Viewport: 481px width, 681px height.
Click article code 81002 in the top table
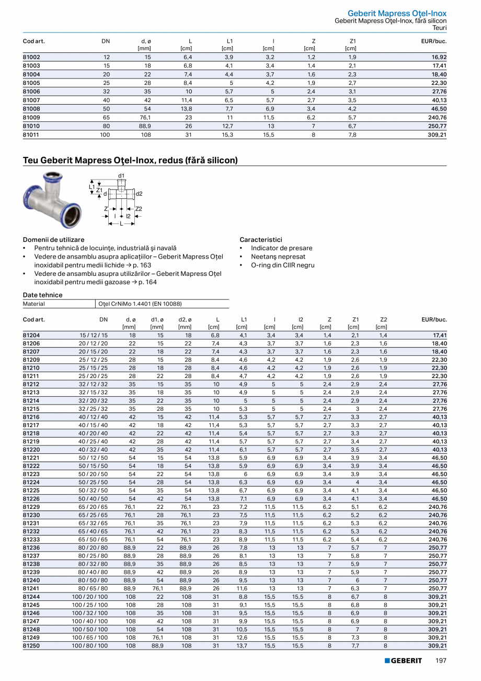(31, 57)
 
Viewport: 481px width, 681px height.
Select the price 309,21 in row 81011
(436, 135)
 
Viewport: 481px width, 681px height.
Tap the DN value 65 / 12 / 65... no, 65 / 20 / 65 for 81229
(94, 507)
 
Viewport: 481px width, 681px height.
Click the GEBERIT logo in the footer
(403, 661)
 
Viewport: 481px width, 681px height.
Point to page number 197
(441, 661)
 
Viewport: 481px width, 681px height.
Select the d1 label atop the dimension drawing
(121, 175)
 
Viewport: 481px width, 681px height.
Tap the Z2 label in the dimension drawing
(139, 209)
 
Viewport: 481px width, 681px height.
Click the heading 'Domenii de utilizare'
(54, 240)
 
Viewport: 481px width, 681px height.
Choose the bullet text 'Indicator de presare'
(281, 248)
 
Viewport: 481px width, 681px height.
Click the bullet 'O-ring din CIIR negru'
(282, 265)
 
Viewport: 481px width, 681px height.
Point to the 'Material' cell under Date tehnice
(34, 304)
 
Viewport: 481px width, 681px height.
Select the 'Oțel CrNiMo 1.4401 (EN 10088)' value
(140, 304)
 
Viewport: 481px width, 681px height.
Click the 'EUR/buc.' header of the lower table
(434, 319)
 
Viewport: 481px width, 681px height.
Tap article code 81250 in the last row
(31, 646)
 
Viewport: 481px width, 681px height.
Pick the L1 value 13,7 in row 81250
(242, 646)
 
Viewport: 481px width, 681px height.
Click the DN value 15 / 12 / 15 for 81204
(94, 336)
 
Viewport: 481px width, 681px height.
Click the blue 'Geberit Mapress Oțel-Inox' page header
(397, 13)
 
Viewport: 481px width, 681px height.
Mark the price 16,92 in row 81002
(439, 57)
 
